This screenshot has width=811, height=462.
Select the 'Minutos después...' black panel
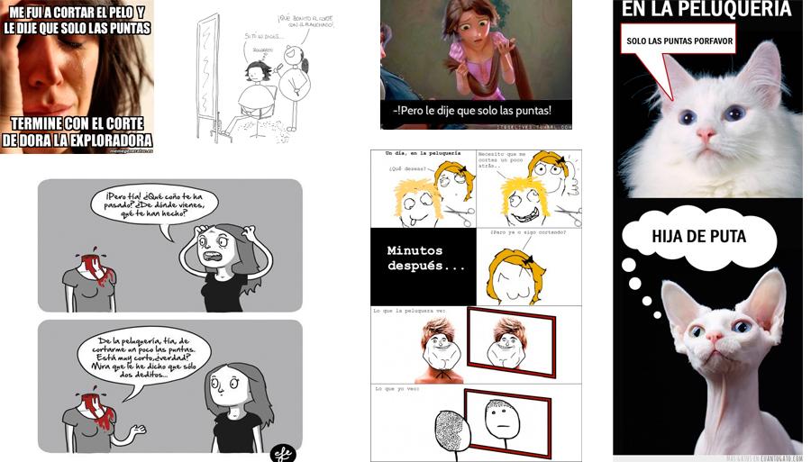click(x=423, y=266)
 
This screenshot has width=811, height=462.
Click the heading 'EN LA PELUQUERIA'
click(x=706, y=10)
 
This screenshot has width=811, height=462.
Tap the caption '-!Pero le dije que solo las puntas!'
click(x=474, y=112)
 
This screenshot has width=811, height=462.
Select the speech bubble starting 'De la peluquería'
click(x=142, y=356)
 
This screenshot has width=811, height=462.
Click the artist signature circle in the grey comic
click(x=282, y=453)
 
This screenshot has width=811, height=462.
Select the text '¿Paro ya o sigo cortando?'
click(x=528, y=233)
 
